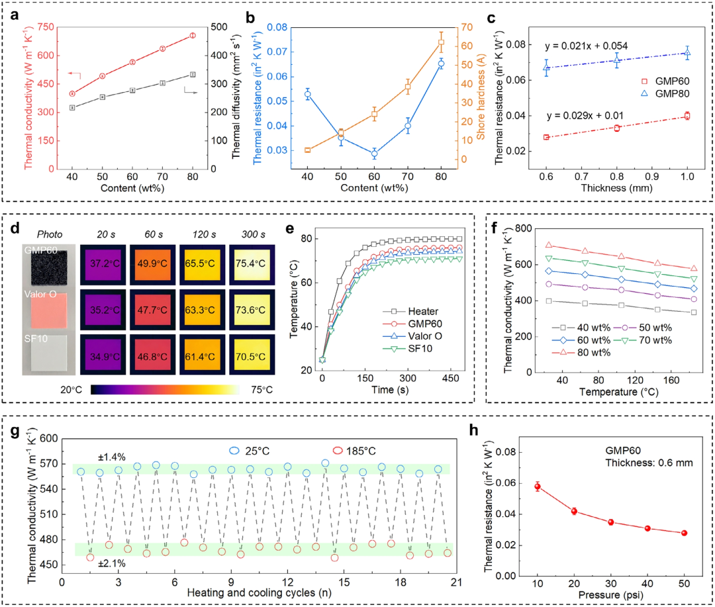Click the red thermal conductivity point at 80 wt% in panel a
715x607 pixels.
pos(193,35)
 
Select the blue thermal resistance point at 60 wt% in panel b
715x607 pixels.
pos(374,154)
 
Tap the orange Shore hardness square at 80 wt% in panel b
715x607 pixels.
pos(441,43)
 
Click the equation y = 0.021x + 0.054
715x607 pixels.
pos(587,46)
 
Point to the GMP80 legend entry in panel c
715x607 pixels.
pos(665,93)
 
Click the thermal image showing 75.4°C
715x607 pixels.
pos(252,263)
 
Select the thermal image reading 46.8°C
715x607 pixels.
pos(152,357)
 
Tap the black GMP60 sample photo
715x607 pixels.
pos(49,267)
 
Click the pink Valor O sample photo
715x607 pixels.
pos(48,310)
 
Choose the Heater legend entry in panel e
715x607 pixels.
pos(410,311)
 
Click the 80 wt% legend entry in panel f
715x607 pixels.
pos(581,353)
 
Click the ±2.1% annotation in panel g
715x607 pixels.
pos(112,564)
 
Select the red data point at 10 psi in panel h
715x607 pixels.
pos(538,487)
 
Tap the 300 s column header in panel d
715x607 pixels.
pos(253,234)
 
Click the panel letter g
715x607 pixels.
pos(15,432)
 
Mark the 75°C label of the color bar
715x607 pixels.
pos(262,390)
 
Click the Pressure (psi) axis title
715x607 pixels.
pos(610,595)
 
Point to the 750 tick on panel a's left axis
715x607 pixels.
pos(46,27)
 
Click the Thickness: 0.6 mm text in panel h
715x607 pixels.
pos(649,463)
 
